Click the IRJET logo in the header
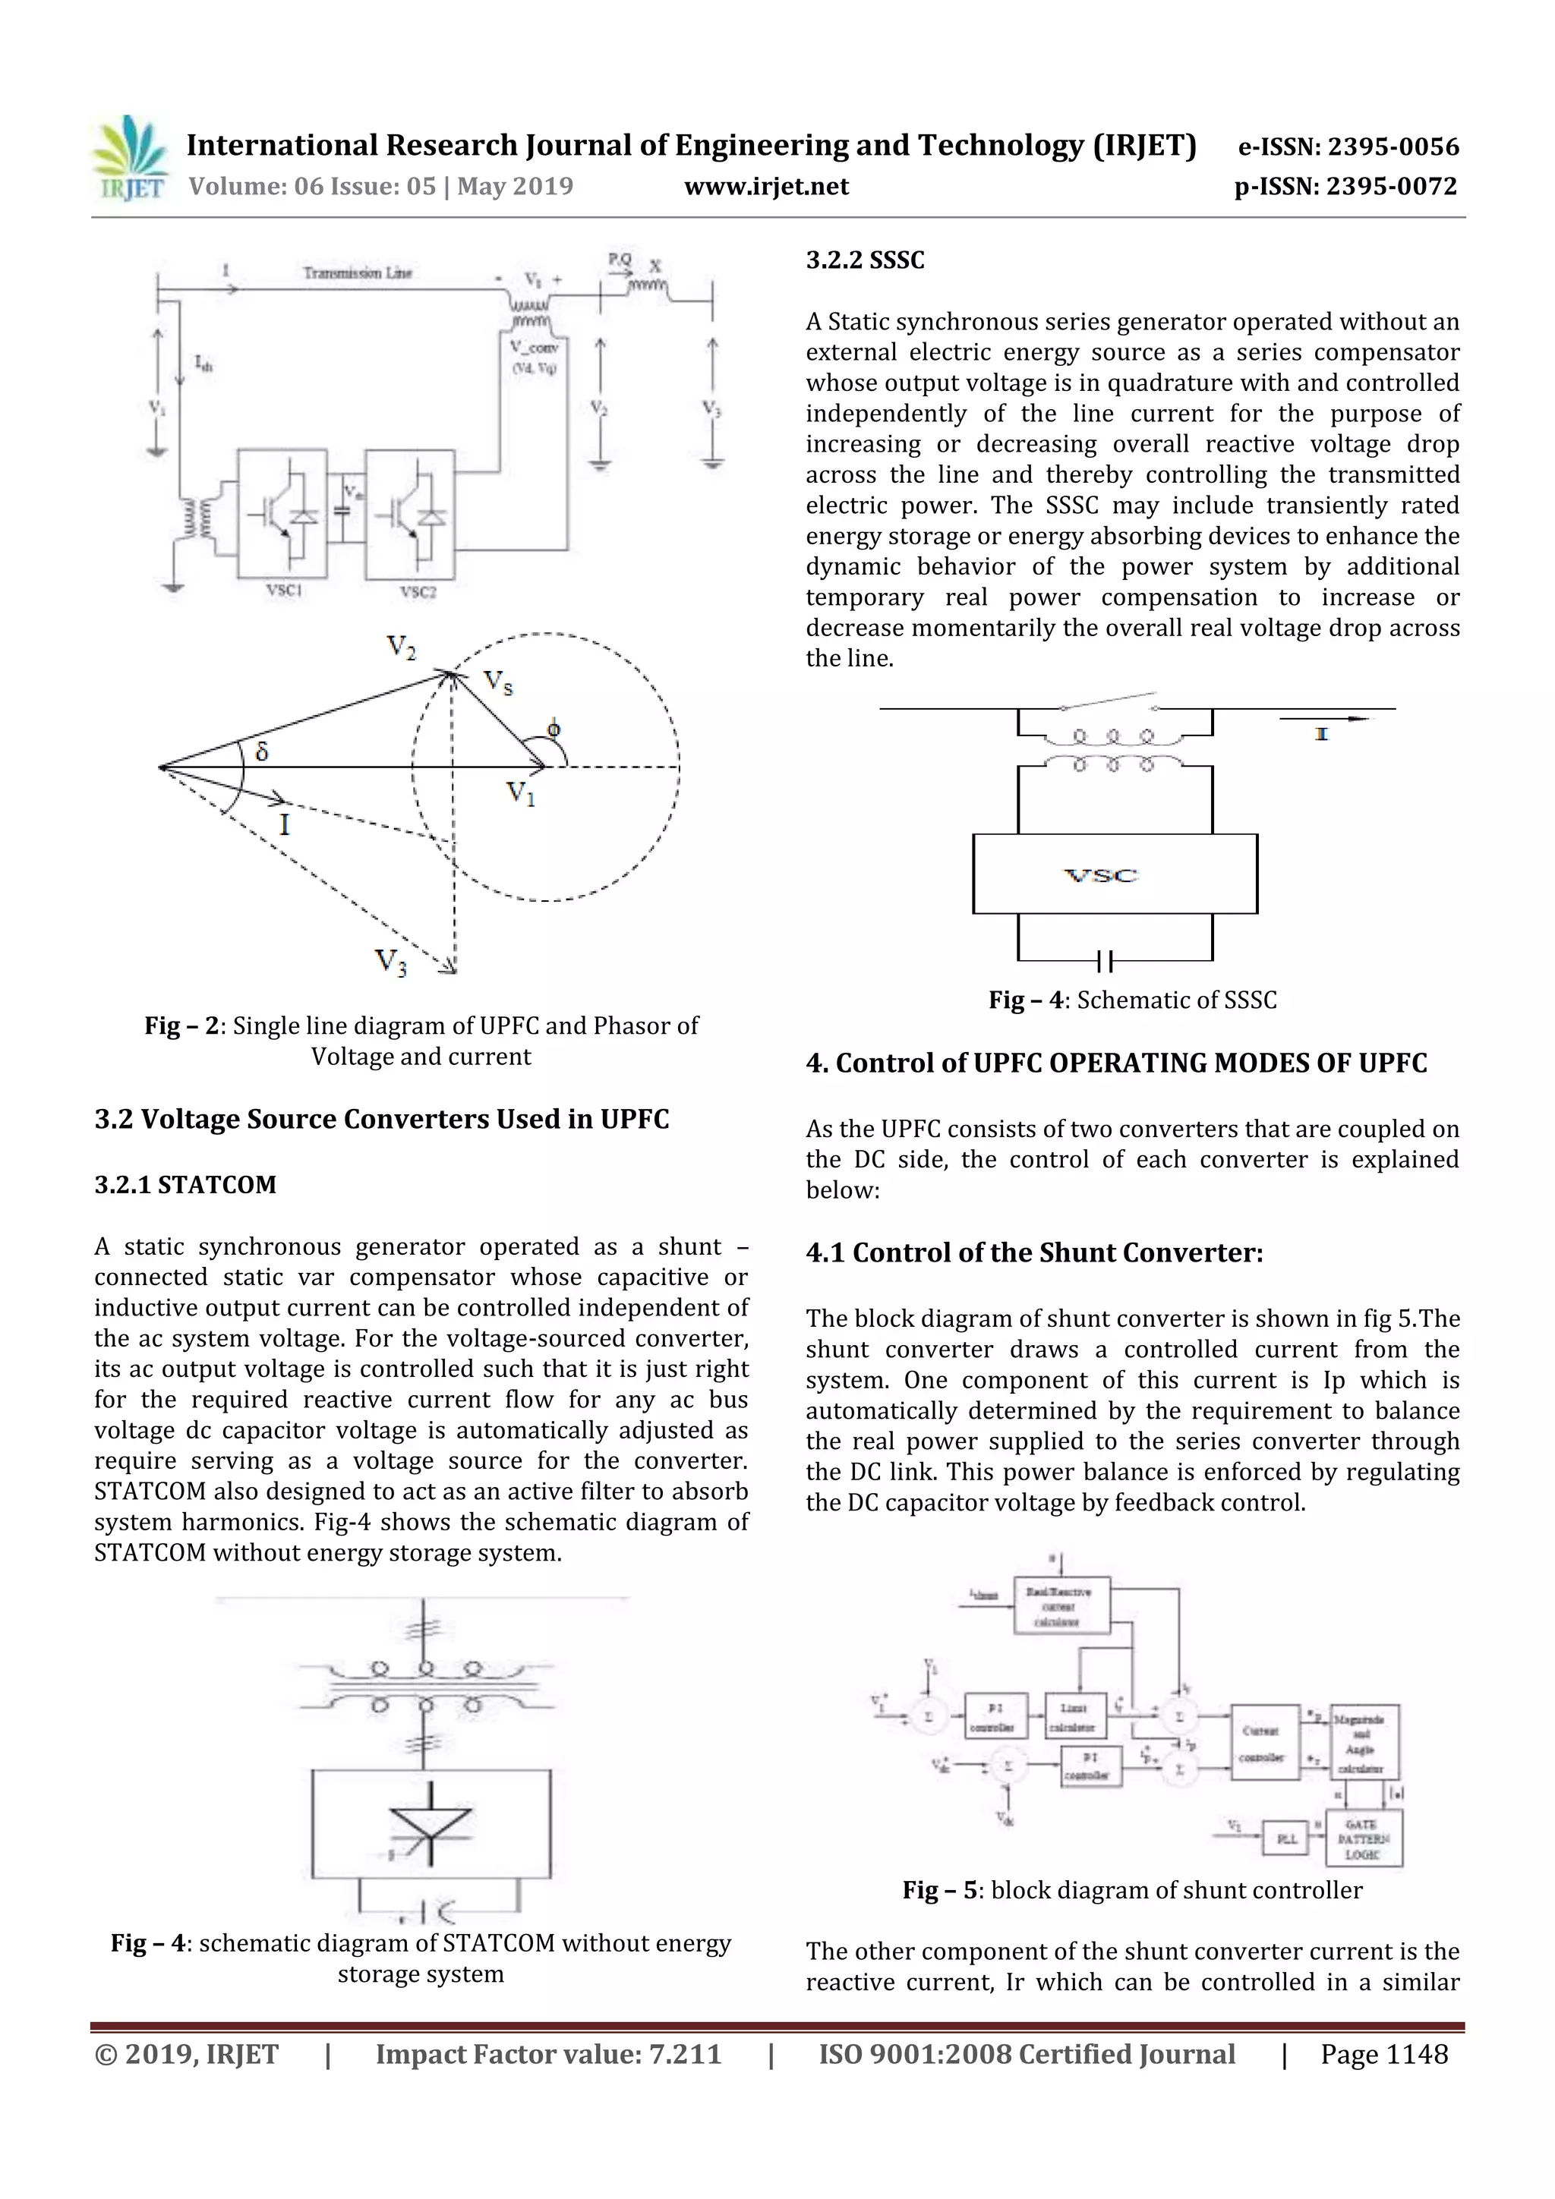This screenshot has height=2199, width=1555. point(129,159)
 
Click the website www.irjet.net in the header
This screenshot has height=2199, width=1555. point(765,186)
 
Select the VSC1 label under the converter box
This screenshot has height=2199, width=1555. point(284,591)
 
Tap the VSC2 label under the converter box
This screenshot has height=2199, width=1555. point(418,592)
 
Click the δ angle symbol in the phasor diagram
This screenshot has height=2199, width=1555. point(261,751)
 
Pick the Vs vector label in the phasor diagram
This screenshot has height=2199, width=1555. point(497,681)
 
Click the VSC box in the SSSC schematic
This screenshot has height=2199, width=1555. point(1115,874)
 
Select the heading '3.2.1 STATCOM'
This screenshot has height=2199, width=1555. point(185,1185)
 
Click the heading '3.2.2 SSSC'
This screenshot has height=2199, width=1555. point(864,260)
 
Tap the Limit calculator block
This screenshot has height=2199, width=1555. point(1075,1717)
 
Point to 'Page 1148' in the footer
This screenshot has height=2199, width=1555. point(1383,2054)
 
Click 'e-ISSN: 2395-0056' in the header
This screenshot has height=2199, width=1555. point(1348,146)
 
